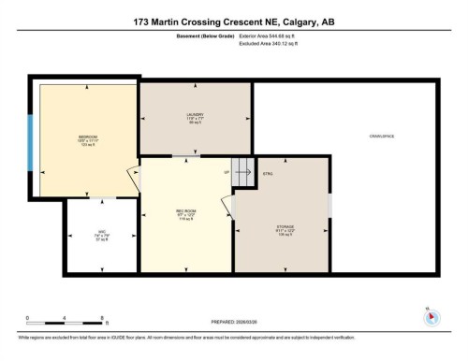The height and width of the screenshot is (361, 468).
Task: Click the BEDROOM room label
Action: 88,137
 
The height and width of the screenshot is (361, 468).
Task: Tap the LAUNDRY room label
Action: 195,115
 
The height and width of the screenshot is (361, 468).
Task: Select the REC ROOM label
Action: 184,211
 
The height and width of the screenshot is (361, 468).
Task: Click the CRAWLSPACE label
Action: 381,137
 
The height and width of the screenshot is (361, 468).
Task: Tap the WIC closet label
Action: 101,234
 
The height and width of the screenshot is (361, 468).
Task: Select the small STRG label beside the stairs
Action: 268,174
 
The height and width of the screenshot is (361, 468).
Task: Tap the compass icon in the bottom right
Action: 431,316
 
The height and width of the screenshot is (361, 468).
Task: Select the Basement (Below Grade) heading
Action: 201,36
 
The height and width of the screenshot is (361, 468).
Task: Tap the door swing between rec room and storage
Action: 227,208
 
